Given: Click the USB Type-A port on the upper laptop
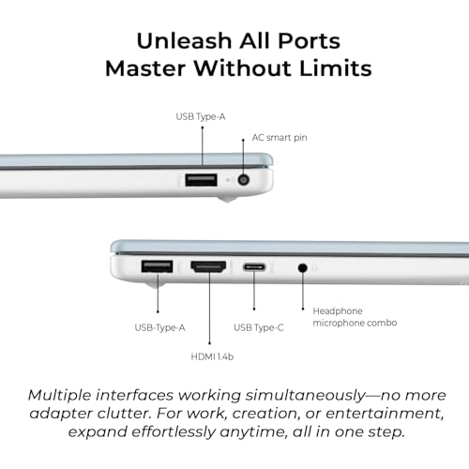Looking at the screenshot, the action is pyautogui.click(x=201, y=180).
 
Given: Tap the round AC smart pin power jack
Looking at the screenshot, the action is pyautogui.click(x=243, y=180).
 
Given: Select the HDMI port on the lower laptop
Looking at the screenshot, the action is pyautogui.click(x=208, y=266).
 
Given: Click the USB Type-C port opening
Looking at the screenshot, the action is pyautogui.click(x=254, y=267).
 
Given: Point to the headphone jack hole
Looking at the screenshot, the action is pyautogui.click(x=302, y=268).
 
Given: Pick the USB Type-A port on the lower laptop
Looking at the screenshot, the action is pyautogui.click(x=157, y=266).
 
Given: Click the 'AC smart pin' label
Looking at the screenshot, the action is pyautogui.click(x=280, y=138).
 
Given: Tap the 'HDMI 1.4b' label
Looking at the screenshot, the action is pyautogui.click(x=212, y=356).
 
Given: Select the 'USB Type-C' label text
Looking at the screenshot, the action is pyautogui.click(x=259, y=327).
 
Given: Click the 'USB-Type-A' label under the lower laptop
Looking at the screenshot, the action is pyautogui.click(x=159, y=327).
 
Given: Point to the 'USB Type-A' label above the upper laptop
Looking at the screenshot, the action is pyautogui.click(x=201, y=116).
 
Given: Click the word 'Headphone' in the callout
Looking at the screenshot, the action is pyautogui.click(x=338, y=310).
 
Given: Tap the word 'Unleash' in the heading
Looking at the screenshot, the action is pyautogui.click(x=184, y=41).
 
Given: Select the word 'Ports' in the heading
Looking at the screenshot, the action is pyautogui.click(x=309, y=41).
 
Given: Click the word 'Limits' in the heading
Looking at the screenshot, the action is pyautogui.click(x=336, y=68).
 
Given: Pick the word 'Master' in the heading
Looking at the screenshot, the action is pyautogui.click(x=146, y=68).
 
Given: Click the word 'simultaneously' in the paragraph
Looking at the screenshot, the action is pyautogui.click(x=305, y=396).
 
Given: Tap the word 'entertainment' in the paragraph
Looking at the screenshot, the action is pyautogui.click(x=385, y=414).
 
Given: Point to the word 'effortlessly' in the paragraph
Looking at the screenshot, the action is pyautogui.click(x=174, y=431).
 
